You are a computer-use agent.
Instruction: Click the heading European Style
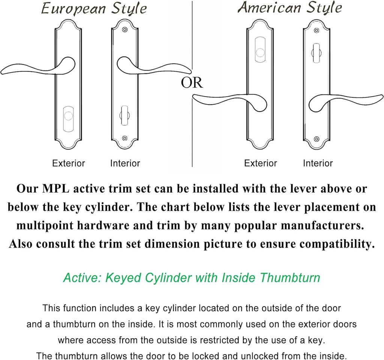click(x=94, y=9)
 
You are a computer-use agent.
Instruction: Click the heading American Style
click(x=290, y=7)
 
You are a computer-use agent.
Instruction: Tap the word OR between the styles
click(x=192, y=83)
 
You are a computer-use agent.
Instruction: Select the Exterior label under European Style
click(x=69, y=163)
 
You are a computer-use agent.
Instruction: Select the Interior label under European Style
click(x=125, y=163)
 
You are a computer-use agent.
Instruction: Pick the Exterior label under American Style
click(x=261, y=163)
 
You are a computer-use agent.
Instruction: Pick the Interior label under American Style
click(x=318, y=163)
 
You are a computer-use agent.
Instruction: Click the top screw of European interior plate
click(x=125, y=29)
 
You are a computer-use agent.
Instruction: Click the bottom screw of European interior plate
click(x=125, y=138)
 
